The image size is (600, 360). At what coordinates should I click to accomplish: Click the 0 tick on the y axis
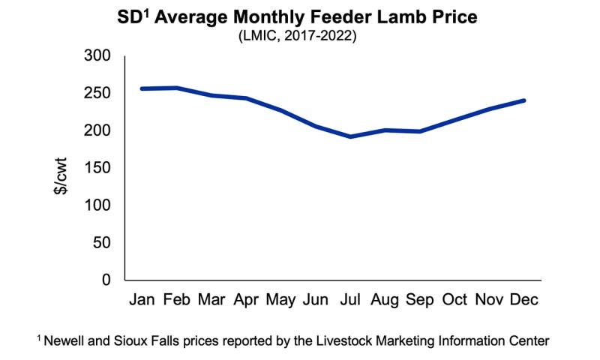106,280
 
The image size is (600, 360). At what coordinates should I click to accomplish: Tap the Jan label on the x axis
142,300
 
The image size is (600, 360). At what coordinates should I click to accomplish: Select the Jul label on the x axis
350,300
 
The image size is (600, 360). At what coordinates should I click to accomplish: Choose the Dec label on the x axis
523,300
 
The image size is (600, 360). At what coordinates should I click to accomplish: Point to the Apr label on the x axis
246,300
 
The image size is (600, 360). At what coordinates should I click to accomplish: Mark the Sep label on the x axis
419,300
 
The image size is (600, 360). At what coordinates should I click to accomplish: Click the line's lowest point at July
350,136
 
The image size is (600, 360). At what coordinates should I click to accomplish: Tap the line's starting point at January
142,88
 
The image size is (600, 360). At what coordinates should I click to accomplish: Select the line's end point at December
523,100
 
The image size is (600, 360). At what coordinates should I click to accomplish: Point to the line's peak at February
177,88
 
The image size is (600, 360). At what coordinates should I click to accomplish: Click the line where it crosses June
316,127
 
